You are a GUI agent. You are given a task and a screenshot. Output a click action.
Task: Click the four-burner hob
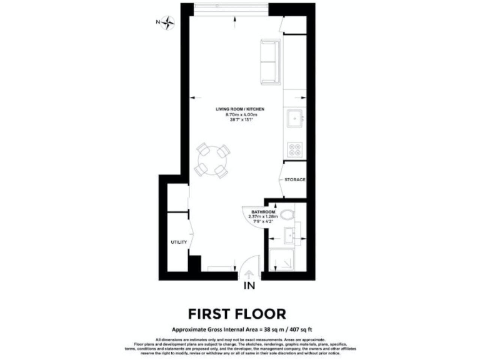pos(294,149)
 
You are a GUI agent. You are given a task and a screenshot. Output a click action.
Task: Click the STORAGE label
pos(294,180)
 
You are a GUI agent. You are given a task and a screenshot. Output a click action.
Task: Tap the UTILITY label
pos(179,242)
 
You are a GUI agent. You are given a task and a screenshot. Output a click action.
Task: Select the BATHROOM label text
pos(264,212)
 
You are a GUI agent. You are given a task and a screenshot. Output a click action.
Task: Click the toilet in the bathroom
pos(287,216)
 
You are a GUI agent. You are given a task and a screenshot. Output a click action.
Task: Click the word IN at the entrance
pos(249,287)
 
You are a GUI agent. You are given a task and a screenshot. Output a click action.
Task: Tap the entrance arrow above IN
pos(249,274)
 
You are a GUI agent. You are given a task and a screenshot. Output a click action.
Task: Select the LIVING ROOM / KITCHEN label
pos(236,109)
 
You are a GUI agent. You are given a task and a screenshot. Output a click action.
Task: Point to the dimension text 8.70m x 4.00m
pos(236,114)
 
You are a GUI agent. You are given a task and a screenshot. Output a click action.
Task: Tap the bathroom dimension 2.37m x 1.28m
pos(264,217)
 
